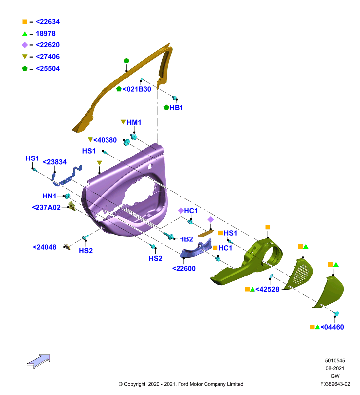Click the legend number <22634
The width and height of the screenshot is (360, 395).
tap(48, 22)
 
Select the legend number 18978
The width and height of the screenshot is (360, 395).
tap(46, 33)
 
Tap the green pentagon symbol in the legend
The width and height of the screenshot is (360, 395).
tap(25, 68)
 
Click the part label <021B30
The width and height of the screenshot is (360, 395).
tap(137, 89)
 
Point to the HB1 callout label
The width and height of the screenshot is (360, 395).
tap(176, 107)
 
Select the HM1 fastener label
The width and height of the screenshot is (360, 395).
tap(134, 122)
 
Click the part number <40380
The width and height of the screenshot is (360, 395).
tap(105, 140)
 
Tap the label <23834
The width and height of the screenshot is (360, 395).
tap(55, 162)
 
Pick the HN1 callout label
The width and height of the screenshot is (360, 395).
tap(49, 196)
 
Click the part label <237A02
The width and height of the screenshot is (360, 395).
tap(46, 207)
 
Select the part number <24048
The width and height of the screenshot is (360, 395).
tap(44, 247)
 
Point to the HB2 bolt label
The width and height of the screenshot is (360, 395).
tap(186, 239)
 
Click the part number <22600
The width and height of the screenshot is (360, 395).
tap(183, 268)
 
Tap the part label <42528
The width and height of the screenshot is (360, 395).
tap(267, 289)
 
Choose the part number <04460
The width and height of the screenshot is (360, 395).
tap(332, 327)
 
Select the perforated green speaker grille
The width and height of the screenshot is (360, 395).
tap(298, 275)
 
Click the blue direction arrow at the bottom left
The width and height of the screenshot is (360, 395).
tap(39, 361)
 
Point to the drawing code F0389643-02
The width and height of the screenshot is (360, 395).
tap(335, 384)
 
